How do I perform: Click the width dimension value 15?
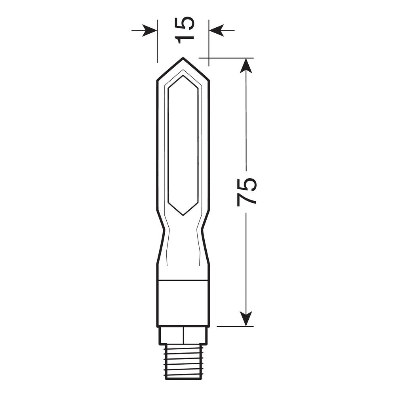[x=185, y=30]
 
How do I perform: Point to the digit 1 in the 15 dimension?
[x=185, y=38]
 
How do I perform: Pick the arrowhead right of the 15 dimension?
[x=217, y=30]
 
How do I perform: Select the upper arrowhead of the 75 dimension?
[x=246, y=66]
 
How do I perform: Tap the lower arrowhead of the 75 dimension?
[x=246, y=318]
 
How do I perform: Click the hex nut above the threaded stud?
[x=183, y=335]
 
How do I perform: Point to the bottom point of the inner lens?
[x=183, y=215]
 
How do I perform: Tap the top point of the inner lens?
[x=183, y=76]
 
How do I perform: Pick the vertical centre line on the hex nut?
[x=183, y=335]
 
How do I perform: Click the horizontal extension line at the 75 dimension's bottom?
[x=234, y=326]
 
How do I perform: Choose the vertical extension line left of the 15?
[x=157, y=44]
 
